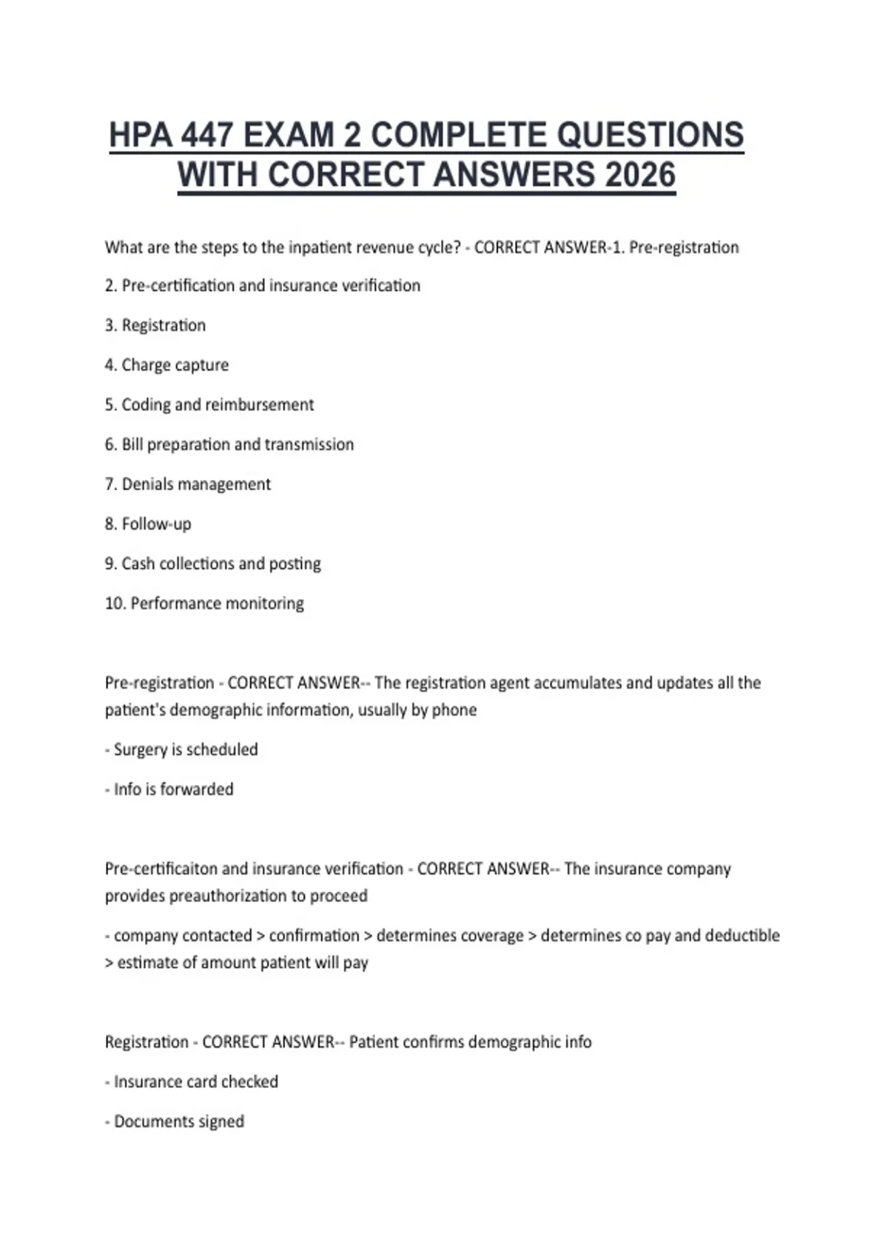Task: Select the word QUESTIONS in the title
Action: pyautogui.click(x=650, y=136)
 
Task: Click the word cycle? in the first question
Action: pyautogui.click(x=440, y=247)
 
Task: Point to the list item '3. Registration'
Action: pyautogui.click(x=155, y=325)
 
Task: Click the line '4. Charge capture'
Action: pyautogui.click(x=166, y=365)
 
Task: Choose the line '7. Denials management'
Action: pyautogui.click(x=188, y=484)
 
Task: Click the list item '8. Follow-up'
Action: pyautogui.click(x=148, y=524)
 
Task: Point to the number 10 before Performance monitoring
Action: pyautogui.click(x=115, y=604)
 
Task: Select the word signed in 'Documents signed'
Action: pyautogui.click(x=221, y=1122)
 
